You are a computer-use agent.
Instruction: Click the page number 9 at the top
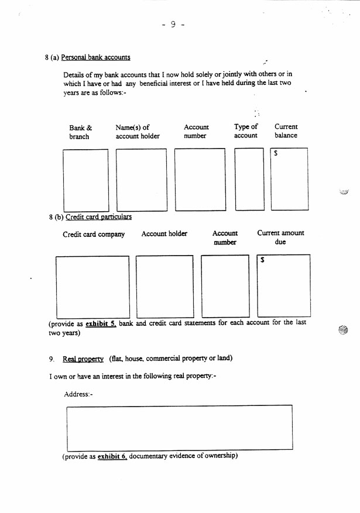pyautogui.click(x=173, y=25)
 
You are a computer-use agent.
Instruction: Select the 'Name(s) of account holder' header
pyautogui.click(x=138, y=132)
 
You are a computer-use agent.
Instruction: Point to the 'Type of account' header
pyautogui.click(x=246, y=131)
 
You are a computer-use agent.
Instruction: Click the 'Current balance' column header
pyautogui.click(x=286, y=131)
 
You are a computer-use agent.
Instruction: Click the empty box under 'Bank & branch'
pyautogui.click(x=86, y=180)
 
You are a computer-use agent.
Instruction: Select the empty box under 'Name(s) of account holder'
pyautogui.click(x=141, y=180)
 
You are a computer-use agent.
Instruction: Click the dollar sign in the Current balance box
pyautogui.click(x=276, y=153)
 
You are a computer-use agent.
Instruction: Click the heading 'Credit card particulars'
pyautogui.click(x=98, y=217)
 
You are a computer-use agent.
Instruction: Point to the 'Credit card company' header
pyautogui.click(x=94, y=235)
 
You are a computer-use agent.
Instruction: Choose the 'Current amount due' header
pyautogui.click(x=280, y=237)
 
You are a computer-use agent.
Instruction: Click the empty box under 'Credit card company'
pyautogui.click(x=92, y=286)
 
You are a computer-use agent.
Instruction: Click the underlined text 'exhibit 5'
pyautogui.click(x=102, y=323)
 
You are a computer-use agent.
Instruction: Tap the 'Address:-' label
pyautogui.click(x=78, y=394)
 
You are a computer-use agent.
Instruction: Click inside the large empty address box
pyautogui.click(x=180, y=427)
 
